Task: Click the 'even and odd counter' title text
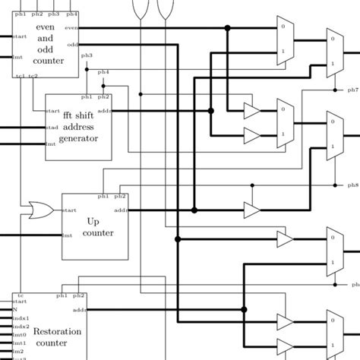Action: (x=49, y=46)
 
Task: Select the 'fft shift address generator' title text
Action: (x=78, y=127)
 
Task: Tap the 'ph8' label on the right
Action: (x=353, y=185)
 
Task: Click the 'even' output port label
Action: (x=71, y=28)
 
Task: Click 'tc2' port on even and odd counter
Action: (x=33, y=75)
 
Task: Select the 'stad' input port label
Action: (x=52, y=127)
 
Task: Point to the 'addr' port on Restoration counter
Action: (x=80, y=310)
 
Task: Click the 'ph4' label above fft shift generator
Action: (x=103, y=72)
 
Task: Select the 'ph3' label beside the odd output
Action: (x=87, y=55)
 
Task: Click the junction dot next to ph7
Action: (x=335, y=90)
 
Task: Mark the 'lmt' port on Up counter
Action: (x=67, y=235)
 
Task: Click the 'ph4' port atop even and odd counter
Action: (x=71, y=14)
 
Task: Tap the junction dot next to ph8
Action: (x=335, y=185)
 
